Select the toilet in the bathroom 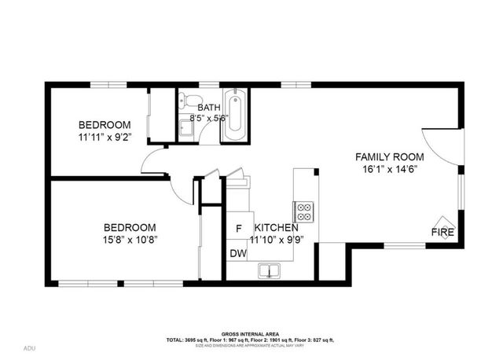pyautogui.click(x=185, y=100)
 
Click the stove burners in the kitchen pyautogui.click(x=304, y=211)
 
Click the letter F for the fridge pyautogui.click(x=239, y=229)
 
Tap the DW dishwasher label pyautogui.click(x=237, y=253)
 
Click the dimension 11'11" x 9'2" pyautogui.click(x=105, y=138)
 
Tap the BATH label pyautogui.click(x=209, y=108)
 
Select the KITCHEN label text pyautogui.click(x=274, y=229)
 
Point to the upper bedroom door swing pyautogui.click(x=155, y=163)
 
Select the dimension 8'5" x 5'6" pyautogui.click(x=209, y=119)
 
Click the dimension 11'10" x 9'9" pyautogui.click(x=274, y=241)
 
